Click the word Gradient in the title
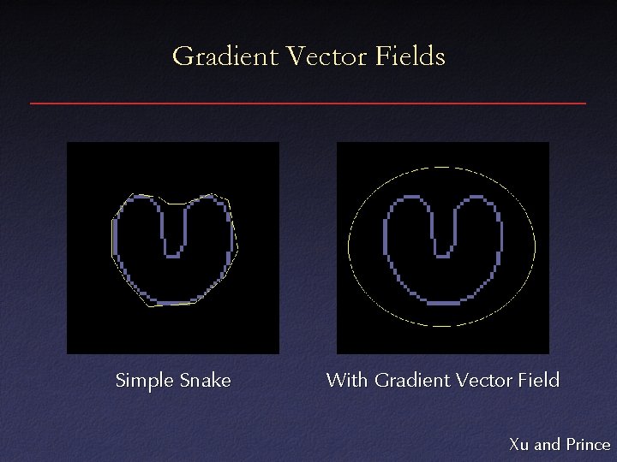tap(225, 57)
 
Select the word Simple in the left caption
tap(145, 381)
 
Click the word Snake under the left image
tap(206, 381)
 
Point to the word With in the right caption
tap(347, 380)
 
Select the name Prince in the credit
tap(588, 444)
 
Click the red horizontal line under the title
tap(308, 104)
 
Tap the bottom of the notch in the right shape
tap(443, 254)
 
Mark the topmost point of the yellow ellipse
tap(442, 166)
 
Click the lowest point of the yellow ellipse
tap(442, 326)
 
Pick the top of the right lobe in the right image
tap(476, 198)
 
